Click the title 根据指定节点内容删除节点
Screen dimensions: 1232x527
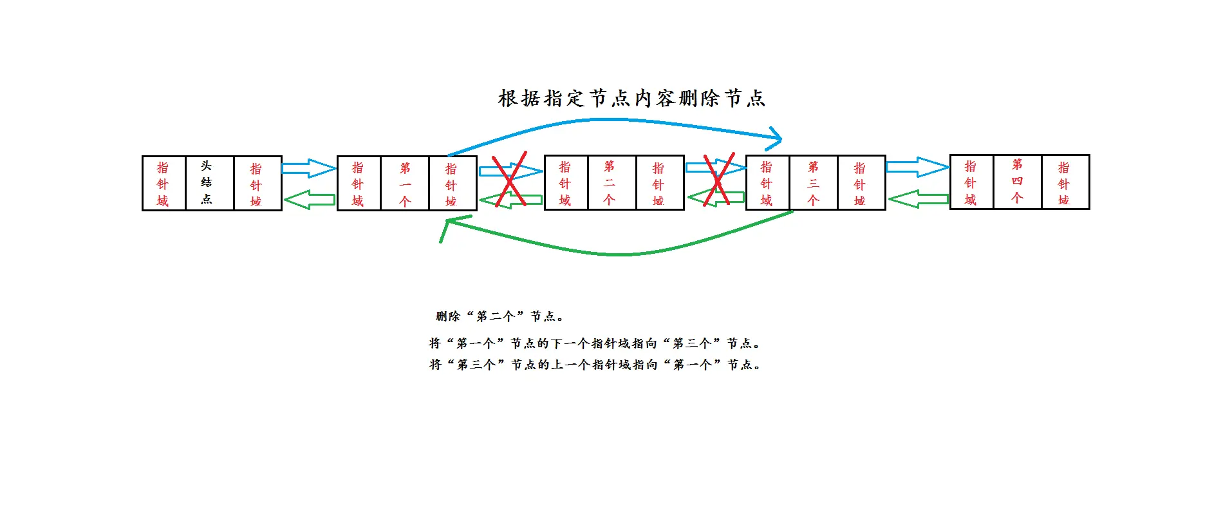(631, 98)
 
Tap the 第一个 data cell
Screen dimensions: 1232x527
(405, 184)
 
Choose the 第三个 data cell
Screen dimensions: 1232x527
(814, 183)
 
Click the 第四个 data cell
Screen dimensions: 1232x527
(1017, 182)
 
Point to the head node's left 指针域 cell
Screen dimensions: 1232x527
(163, 183)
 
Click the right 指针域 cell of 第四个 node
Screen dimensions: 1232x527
(1065, 182)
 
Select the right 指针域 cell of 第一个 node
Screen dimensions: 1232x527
(452, 184)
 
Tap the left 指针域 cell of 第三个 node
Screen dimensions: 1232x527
(767, 183)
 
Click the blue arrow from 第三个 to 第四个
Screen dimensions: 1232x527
(917, 167)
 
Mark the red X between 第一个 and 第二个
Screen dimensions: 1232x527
(510, 180)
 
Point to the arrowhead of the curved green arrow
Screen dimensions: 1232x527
(449, 223)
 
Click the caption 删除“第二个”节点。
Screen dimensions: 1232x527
(499, 316)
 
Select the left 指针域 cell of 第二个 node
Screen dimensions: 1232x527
(566, 183)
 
